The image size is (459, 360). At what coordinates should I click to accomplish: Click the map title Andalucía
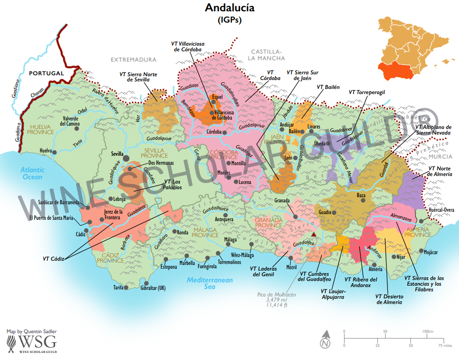tap(229, 8)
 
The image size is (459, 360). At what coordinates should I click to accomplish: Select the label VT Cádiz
tap(53, 258)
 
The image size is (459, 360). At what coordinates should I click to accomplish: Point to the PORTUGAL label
tap(46, 73)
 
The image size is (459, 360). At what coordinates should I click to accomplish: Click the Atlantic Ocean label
tap(29, 173)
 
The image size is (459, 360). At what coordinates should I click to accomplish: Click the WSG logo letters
tap(38, 341)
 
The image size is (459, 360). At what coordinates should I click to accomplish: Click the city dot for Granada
tap(295, 216)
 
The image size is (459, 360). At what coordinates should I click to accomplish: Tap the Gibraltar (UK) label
tap(150, 288)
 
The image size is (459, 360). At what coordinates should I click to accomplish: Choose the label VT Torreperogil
tap(367, 92)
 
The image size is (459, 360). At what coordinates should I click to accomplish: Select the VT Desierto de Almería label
tap(389, 299)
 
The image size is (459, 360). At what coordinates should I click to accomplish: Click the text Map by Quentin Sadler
tap(32, 331)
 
